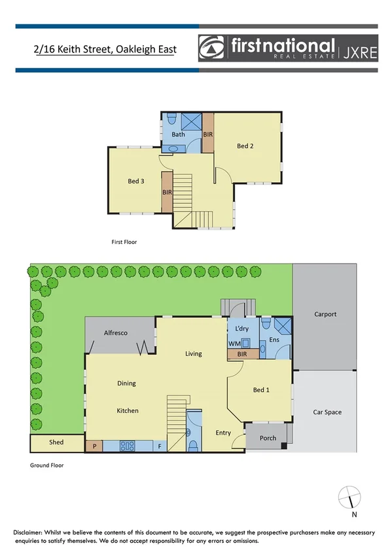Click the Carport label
(x=325, y=314)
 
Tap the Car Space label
(x=327, y=412)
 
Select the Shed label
(x=57, y=443)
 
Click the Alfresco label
(x=116, y=333)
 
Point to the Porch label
(x=268, y=438)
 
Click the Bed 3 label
(x=135, y=181)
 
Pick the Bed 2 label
(x=245, y=146)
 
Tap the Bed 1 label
(x=261, y=389)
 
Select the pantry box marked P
(x=94, y=446)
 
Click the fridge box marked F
(x=159, y=446)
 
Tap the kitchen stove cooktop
(x=127, y=446)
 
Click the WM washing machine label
(x=234, y=343)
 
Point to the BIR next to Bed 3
(x=167, y=192)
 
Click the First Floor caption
(x=124, y=242)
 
